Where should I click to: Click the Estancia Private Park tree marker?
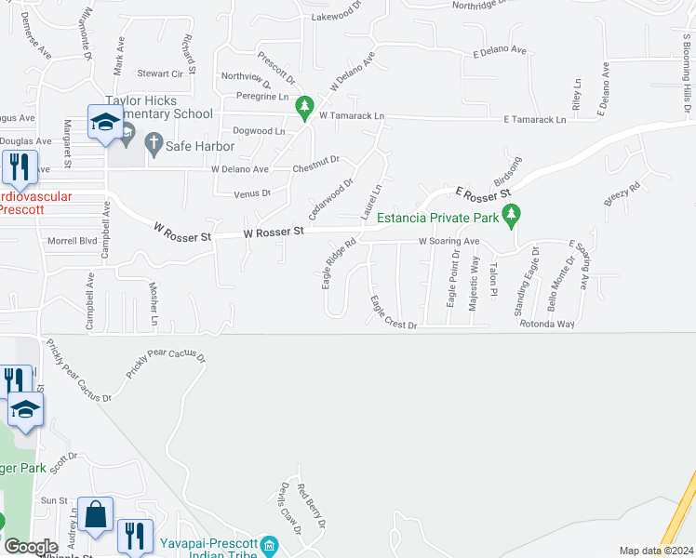click(x=510, y=217)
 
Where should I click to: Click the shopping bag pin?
click(x=96, y=515)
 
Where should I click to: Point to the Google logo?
click(x=31, y=548)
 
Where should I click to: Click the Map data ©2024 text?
click(x=656, y=551)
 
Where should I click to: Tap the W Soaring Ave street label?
click(x=448, y=241)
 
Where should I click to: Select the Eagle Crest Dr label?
click(x=393, y=312)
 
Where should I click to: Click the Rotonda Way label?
click(x=547, y=324)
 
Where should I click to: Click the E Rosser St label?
click(x=483, y=193)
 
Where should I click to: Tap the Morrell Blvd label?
click(x=73, y=241)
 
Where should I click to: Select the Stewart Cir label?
click(x=160, y=73)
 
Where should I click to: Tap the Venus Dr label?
click(x=252, y=193)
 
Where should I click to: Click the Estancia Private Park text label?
click(x=437, y=219)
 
